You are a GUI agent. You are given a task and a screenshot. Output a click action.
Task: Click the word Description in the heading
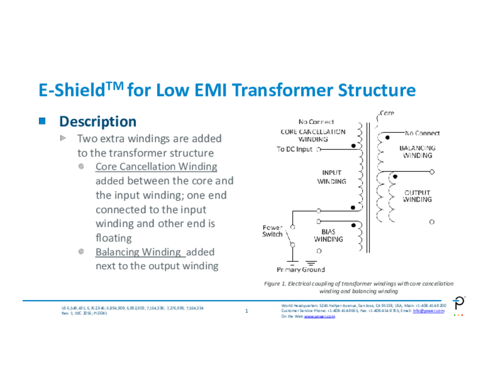pyautogui.click(x=98, y=121)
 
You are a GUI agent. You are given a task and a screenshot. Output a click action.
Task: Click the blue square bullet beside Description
pyautogui.click(x=42, y=120)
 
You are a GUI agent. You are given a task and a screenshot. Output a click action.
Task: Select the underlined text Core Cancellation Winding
pyautogui.click(x=156, y=166)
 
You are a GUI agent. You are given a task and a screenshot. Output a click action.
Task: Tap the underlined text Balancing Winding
pyautogui.click(x=138, y=252)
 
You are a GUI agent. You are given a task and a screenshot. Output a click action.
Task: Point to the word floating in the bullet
pyautogui.click(x=113, y=238)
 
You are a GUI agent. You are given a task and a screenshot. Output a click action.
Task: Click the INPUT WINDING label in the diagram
pyautogui.click(x=332, y=177)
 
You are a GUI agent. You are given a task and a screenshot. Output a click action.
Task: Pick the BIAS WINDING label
pyautogui.click(x=328, y=236)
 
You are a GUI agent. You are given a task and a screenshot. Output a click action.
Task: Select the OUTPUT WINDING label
pyautogui.click(x=417, y=196)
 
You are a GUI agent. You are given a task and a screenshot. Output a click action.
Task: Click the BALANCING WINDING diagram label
pyautogui.click(x=417, y=151)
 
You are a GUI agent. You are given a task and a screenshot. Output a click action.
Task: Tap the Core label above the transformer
pyautogui.click(x=387, y=113)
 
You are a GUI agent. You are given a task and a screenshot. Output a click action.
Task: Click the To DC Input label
pyautogui.click(x=295, y=149)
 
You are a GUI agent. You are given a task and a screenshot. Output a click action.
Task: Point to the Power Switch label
pyautogui.click(x=272, y=231)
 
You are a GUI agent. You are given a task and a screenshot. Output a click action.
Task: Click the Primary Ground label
pyautogui.click(x=301, y=270)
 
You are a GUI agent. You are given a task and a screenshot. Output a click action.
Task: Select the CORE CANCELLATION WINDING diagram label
pyautogui.click(x=313, y=135)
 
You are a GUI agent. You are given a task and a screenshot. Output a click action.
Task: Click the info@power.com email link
pyautogui.click(x=428, y=311)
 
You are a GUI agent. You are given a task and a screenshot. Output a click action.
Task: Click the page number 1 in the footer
pyautogui.click(x=247, y=311)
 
